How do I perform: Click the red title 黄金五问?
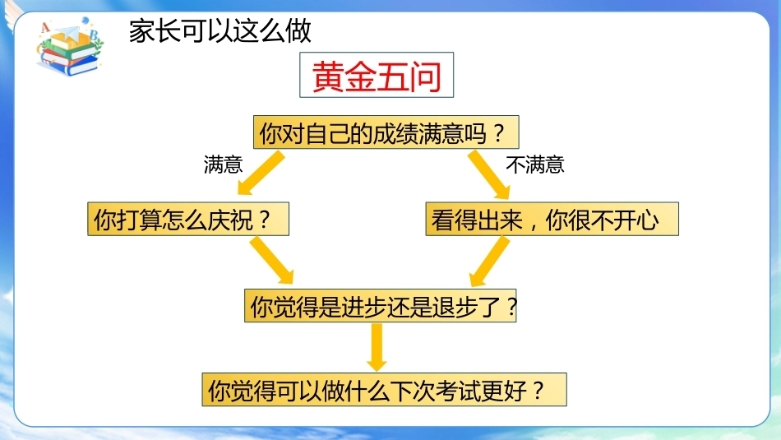click(x=377, y=75)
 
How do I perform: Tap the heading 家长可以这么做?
click(x=220, y=31)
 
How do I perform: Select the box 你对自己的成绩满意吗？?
click(x=386, y=132)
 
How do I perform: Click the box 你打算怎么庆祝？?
click(x=188, y=219)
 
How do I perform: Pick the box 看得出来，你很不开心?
click(x=552, y=219)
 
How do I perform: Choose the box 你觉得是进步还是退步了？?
click(x=381, y=305)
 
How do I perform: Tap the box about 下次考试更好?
click(x=384, y=390)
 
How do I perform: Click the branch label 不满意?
click(x=535, y=164)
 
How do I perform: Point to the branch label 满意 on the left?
click(x=223, y=164)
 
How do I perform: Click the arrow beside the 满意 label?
click(x=260, y=173)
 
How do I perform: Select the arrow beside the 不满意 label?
click(x=489, y=174)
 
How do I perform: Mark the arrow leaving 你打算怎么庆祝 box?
click(x=272, y=260)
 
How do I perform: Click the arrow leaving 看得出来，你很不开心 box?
click(x=490, y=262)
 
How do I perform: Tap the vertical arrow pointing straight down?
click(x=377, y=347)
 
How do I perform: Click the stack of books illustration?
click(x=69, y=56)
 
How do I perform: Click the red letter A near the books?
click(x=45, y=27)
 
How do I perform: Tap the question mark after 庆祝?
click(x=265, y=220)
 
